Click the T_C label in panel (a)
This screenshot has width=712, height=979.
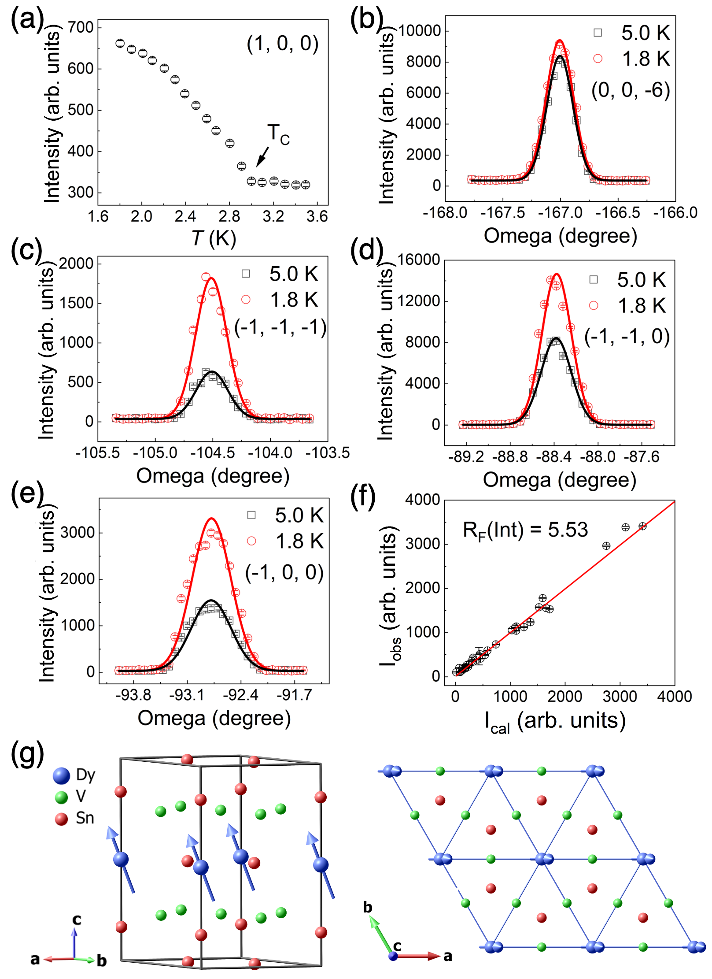click(278, 134)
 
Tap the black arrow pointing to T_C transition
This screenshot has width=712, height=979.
click(262, 157)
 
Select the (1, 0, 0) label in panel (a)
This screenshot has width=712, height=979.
click(282, 44)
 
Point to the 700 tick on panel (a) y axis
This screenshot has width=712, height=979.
click(81, 27)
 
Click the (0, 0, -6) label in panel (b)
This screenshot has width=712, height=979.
click(631, 90)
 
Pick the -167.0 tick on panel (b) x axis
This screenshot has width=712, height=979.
click(560, 213)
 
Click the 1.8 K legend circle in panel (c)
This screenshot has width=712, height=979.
click(246, 300)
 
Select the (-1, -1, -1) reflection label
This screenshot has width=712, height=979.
click(280, 327)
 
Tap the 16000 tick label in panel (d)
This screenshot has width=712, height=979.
click(419, 260)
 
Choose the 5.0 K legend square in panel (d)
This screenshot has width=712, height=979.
click(594, 279)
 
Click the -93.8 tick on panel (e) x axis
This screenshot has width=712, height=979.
click(133, 695)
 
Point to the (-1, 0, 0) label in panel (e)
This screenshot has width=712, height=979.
click(284, 572)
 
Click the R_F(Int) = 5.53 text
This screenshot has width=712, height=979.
click(525, 530)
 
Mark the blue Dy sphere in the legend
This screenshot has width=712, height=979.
click(61, 776)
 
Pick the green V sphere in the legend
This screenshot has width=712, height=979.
click(61, 797)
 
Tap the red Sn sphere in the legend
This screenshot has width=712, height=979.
click(61, 819)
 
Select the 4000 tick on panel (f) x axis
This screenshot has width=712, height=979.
click(674, 696)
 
